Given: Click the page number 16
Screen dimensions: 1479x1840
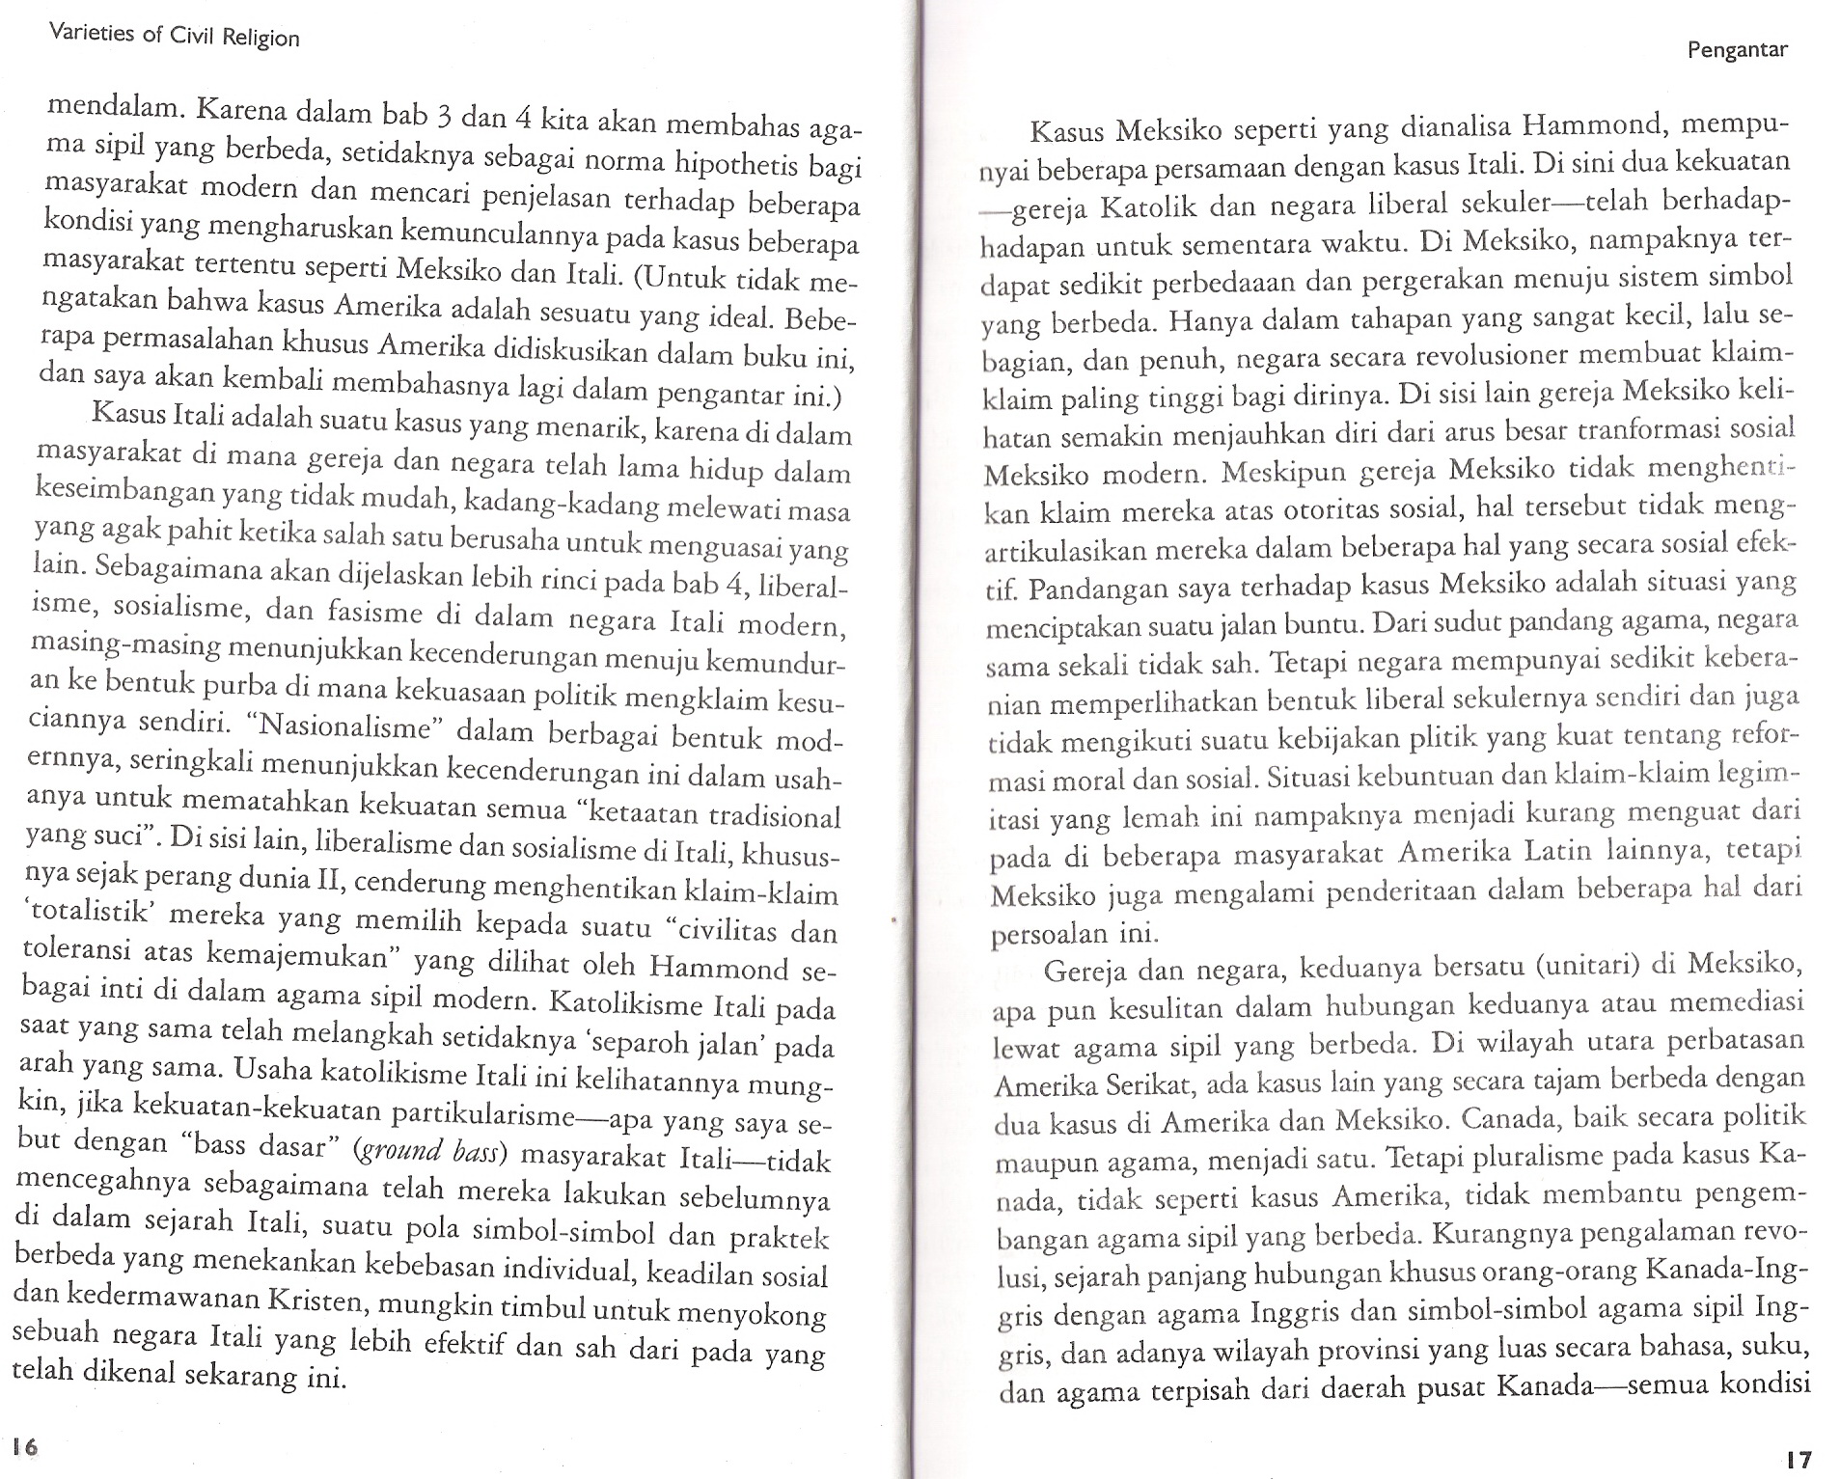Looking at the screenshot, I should point(24,1446).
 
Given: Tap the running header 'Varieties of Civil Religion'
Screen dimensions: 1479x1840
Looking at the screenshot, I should point(175,38).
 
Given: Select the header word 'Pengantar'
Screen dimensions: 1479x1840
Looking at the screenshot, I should point(1737,51).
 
